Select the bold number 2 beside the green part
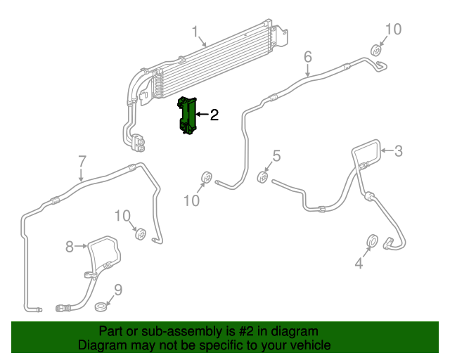pyautogui.click(x=214, y=115)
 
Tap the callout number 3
pyautogui.click(x=398, y=150)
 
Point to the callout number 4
pyautogui.click(x=359, y=264)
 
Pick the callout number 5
pyautogui.click(x=276, y=156)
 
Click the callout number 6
pyautogui.click(x=307, y=56)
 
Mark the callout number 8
pyautogui.click(x=70, y=246)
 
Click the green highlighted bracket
pyautogui.click(x=187, y=115)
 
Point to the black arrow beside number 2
pyautogui.click(x=202, y=115)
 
